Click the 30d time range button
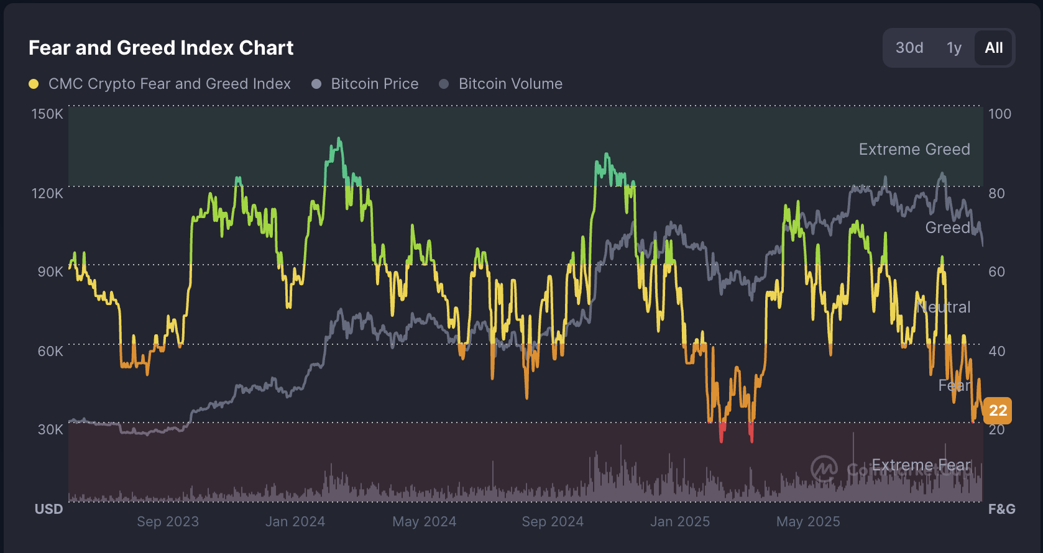[909, 48]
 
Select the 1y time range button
[953, 48]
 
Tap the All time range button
[993, 48]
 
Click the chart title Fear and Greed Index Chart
[161, 48]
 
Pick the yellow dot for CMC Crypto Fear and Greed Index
[34, 84]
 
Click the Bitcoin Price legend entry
[374, 84]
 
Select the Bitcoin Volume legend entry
[510, 84]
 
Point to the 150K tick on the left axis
[47, 114]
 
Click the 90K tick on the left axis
[50, 272]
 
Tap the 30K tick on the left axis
[50, 429]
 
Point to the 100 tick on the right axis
[999, 114]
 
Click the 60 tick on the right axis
[996, 272]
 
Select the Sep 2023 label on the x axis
[168, 521]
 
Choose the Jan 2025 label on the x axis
[679, 521]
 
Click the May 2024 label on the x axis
[424, 521]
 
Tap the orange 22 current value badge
[998, 410]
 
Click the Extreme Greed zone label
[914, 149]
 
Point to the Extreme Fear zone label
[921, 465]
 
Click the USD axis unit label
[48, 509]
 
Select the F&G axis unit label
[1001, 509]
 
